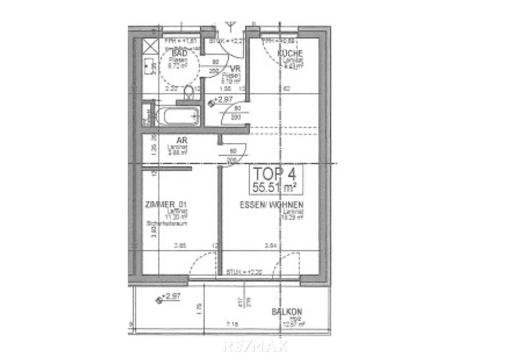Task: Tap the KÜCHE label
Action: (290, 53)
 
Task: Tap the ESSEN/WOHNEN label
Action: (271, 205)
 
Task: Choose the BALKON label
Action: (287, 312)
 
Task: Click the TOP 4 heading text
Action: (274, 174)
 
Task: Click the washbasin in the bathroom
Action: (150, 66)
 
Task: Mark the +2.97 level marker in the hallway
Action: (221, 100)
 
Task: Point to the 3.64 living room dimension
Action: (271, 245)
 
